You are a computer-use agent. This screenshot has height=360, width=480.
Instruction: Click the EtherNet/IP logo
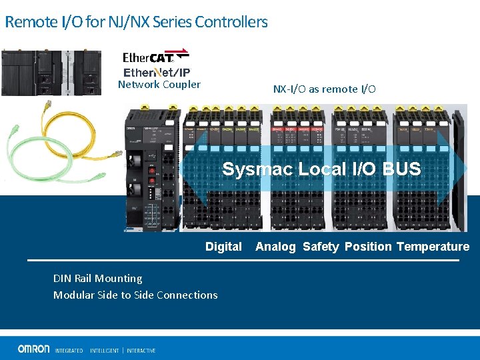157,72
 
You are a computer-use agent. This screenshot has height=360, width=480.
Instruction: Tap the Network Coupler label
159,85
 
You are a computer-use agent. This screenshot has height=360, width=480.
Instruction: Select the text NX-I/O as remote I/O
324,89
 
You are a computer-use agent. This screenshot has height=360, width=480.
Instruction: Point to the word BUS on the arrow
402,169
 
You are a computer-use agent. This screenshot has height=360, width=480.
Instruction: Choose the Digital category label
223,247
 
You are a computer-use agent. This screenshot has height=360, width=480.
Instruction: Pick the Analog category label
275,247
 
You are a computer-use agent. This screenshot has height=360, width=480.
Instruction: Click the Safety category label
321,247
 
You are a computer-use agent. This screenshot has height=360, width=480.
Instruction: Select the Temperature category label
433,247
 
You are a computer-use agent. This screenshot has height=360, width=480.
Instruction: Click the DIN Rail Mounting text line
97,279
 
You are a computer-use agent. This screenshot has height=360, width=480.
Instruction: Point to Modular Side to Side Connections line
135,295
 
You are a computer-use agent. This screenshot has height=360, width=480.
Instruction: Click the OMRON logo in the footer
33,349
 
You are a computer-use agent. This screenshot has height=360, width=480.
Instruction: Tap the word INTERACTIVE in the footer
141,350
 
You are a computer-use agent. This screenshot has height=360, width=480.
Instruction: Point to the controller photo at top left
51,72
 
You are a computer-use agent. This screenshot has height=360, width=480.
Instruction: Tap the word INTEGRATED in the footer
69,350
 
